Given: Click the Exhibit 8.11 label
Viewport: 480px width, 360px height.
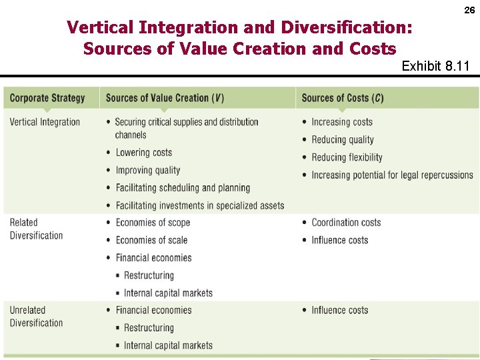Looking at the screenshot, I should point(435,66).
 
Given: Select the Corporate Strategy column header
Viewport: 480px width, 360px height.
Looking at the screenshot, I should point(47,98).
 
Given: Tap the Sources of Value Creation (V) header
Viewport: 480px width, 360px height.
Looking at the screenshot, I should point(165,98).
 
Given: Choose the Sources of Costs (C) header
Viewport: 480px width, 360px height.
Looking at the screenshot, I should point(343,98).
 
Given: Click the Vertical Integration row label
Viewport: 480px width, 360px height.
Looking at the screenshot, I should point(45,122).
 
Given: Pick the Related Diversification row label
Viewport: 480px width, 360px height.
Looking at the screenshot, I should point(36,229).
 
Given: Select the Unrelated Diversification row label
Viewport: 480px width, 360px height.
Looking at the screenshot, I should point(36,316).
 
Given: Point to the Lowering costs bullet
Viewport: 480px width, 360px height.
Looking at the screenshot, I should point(143,153).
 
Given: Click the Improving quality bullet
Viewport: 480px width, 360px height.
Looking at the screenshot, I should point(148,170).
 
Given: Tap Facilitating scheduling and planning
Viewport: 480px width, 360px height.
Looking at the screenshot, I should point(183,188).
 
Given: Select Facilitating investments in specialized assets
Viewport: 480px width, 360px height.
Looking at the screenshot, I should point(200,205).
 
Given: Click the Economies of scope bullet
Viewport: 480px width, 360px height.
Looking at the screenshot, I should point(153,223).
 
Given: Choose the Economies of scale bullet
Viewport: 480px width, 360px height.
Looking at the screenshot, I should point(151,240).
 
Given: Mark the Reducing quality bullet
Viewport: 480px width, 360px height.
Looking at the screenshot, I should point(343,140).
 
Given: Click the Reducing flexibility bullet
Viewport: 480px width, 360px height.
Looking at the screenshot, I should point(347,157).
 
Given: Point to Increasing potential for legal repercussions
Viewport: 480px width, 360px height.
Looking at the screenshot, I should point(392,175).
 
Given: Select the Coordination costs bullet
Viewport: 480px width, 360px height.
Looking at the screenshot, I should point(346,223).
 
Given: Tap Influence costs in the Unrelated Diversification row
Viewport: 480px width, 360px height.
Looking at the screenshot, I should point(339,310).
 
